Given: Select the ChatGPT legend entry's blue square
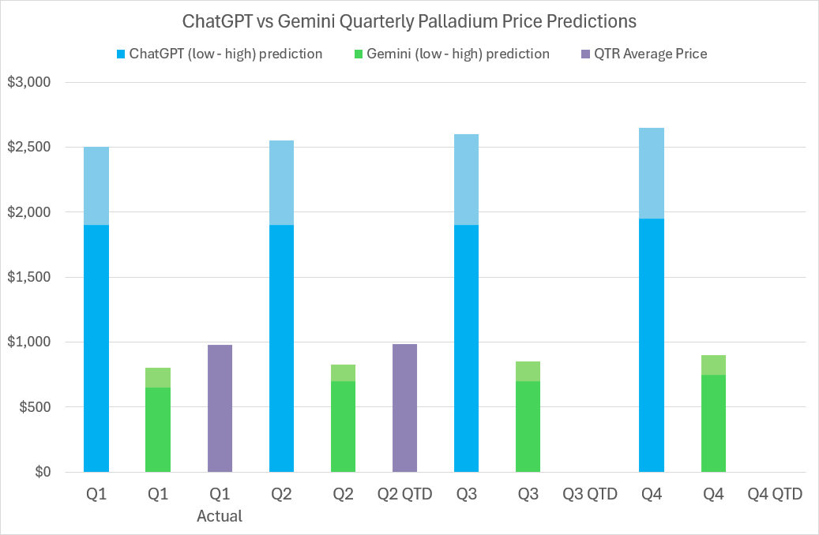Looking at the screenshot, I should [121, 54].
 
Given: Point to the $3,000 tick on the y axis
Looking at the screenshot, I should [28, 83].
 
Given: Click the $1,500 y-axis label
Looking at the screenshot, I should [28, 278].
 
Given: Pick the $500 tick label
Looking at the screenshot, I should [33, 407].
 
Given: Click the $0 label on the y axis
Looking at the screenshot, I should [40, 473].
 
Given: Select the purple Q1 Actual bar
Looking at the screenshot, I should [220, 408].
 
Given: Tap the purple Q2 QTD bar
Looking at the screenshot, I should [404, 407].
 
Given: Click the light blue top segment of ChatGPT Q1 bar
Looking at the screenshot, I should [96, 185].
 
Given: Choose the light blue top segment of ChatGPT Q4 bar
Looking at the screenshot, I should [652, 173].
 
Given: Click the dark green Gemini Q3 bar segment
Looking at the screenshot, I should [528, 426].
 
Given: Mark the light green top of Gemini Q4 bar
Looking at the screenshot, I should [713, 365].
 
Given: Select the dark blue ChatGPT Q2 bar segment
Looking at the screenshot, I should [281, 348].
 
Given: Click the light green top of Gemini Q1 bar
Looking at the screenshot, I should [158, 377].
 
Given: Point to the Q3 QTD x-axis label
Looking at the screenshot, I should [590, 495].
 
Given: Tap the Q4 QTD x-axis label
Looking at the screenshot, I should [775, 495].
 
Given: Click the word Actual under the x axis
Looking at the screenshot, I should [220, 517].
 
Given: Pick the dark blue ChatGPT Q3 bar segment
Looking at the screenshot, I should [467, 348].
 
